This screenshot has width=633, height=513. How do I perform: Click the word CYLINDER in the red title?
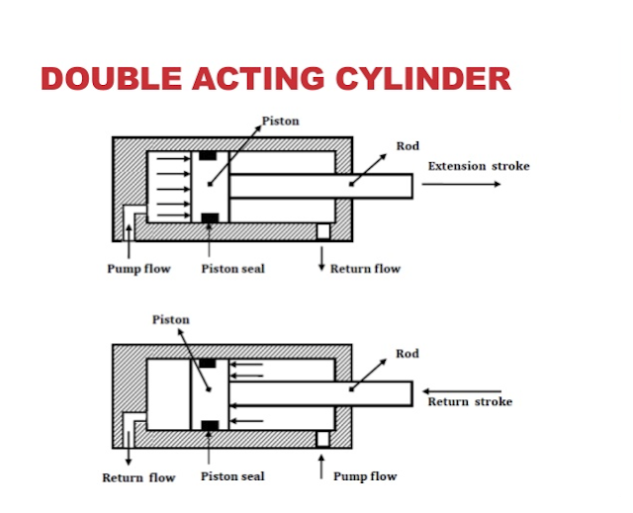(416, 78)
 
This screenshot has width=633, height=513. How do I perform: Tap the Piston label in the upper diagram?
(280, 122)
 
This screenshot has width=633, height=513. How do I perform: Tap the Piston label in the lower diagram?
(170, 319)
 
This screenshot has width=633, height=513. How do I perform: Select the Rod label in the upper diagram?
(407, 146)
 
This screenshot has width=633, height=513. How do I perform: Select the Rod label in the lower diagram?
(407, 353)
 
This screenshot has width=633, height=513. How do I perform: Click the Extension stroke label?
(478, 166)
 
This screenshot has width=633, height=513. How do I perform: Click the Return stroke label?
(470, 402)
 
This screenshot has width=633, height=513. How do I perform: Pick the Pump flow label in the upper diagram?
(138, 269)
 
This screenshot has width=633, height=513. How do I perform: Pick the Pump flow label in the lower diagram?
(364, 476)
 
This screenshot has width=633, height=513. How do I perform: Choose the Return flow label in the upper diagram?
(365, 269)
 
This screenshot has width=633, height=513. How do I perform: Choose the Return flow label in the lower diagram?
(138, 477)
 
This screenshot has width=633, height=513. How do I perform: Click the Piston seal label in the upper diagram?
(232, 269)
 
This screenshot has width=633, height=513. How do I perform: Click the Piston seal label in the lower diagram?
(232, 476)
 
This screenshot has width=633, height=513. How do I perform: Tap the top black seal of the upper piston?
(208, 156)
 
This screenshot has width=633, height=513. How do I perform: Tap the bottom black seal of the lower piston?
(208, 426)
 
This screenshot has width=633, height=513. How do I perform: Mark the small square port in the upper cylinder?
(322, 231)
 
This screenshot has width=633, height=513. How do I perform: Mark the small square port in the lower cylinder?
(322, 438)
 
